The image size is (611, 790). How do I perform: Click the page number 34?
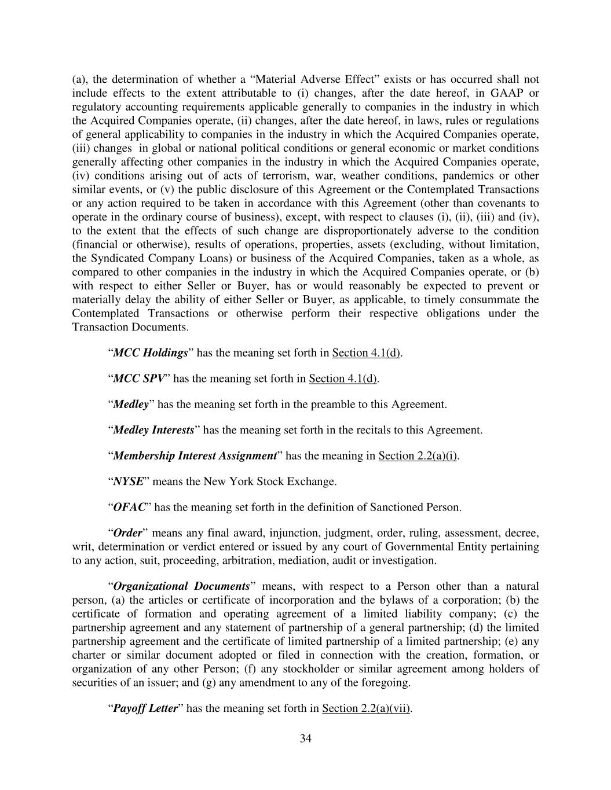pos(306,738)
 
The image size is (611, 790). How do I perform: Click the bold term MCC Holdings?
pos(150,353)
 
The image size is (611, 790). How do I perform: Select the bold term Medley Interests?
pos(153,430)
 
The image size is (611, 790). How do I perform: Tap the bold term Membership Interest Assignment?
pos(194,456)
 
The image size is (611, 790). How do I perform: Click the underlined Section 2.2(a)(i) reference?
pos(418,456)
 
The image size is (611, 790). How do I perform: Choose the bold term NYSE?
pos(128,482)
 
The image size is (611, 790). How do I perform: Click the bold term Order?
pos(127,533)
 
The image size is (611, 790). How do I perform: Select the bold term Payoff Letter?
pos(145,708)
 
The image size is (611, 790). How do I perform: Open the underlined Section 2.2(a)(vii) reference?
pos(366,708)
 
